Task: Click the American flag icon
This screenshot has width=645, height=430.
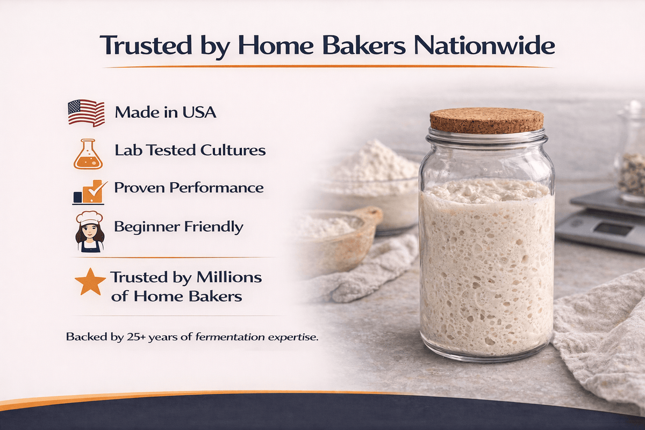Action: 86,113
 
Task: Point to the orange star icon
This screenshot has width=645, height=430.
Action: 90,282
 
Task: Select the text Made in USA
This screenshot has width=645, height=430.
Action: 166,113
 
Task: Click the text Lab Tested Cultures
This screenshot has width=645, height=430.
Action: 190,150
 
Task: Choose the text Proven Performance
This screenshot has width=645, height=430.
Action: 189,188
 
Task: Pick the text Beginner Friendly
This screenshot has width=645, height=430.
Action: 178,226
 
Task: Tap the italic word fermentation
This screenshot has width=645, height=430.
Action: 230,338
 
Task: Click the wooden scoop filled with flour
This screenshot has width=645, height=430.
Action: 339,231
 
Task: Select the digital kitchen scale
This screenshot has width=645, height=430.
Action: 602,220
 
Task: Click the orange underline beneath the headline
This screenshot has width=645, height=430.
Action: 328,66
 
